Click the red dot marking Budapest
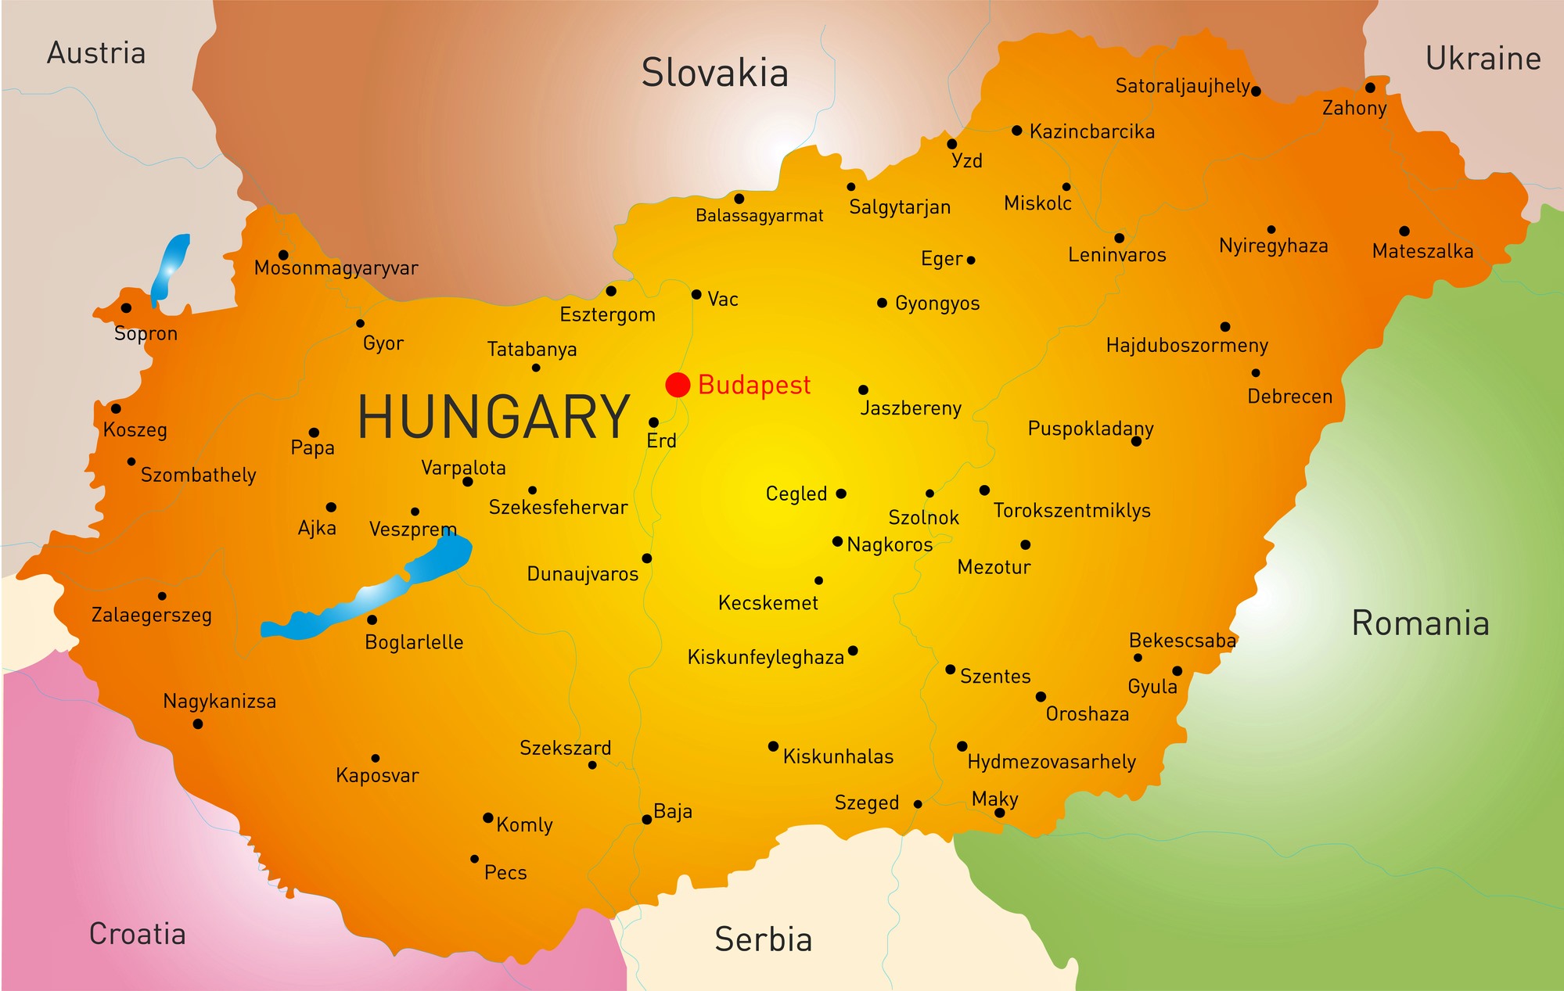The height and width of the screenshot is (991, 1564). click(x=678, y=385)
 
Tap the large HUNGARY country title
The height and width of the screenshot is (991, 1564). click(x=494, y=417)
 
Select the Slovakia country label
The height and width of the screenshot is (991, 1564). click(x=714, y=74)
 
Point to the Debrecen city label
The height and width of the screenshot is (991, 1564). click(x=1289, y=397)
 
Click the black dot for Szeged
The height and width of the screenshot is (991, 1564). click(x=918, y=804)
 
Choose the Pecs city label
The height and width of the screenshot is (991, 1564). click(x=505, y=872)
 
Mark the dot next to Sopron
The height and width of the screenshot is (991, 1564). click(x=126, y=308)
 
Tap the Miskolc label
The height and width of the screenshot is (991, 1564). click(x=1037, y=203)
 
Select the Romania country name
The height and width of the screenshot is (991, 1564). click(x=1420, y=623)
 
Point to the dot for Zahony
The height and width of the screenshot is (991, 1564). click(x=1370, y=88)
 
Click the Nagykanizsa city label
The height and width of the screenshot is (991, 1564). click(x=219, y=702)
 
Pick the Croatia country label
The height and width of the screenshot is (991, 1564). click(x=137, y=934)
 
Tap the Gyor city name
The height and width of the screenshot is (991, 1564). click(x=383, y=343)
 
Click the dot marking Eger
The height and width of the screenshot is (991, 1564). click(x=971, y=260)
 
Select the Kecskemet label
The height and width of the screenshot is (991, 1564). click(x=768, y=603)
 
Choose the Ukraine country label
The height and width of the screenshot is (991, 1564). click(x=1483, y=59)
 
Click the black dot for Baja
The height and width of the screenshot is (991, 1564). click(x=647, y=820)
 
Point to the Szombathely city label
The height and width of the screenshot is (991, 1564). click(x=198, y=476)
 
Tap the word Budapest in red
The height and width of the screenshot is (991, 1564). click(x=754, y=385)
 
